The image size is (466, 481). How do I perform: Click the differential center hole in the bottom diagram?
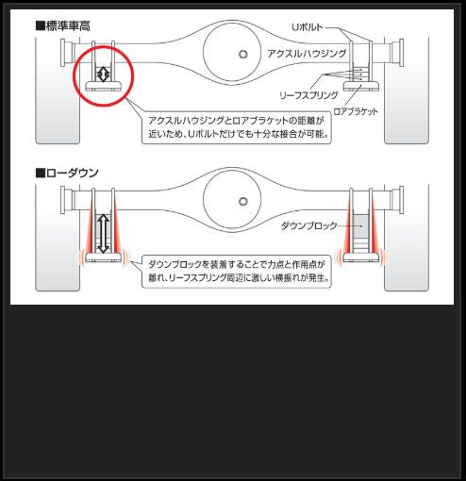244,201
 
